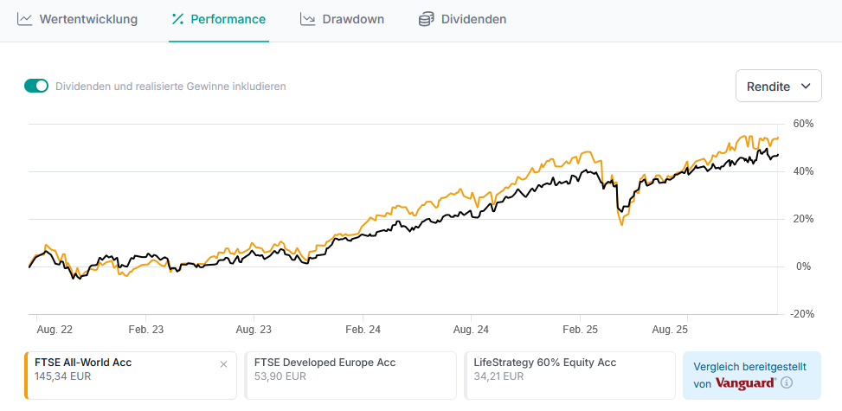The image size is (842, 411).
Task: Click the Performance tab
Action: (219, 19)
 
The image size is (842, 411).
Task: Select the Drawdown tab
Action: (342, 19)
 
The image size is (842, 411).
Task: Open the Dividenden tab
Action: (462, 19)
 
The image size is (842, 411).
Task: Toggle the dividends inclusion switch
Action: (36, 86)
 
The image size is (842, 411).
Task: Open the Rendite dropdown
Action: (778, 87)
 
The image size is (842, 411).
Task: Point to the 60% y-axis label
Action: (803, 124)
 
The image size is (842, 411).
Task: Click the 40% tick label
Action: (803, 171)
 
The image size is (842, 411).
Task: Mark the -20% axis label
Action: (802, 314)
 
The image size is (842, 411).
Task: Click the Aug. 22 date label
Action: (55, 330)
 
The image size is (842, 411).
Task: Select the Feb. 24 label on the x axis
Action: (363, 330)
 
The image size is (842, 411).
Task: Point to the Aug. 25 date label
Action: (669, 330)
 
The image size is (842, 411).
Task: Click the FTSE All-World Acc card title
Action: (83, 363)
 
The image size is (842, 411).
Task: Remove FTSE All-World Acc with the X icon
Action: (223, 364)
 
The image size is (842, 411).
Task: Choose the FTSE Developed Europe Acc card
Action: (350, 375)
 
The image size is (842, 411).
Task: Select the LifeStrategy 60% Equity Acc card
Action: (569, 375)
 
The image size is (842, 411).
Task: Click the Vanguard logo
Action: (745, 383)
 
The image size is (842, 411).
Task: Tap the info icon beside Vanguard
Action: (787, 383)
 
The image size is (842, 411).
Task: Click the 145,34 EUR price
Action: (63, 376)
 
